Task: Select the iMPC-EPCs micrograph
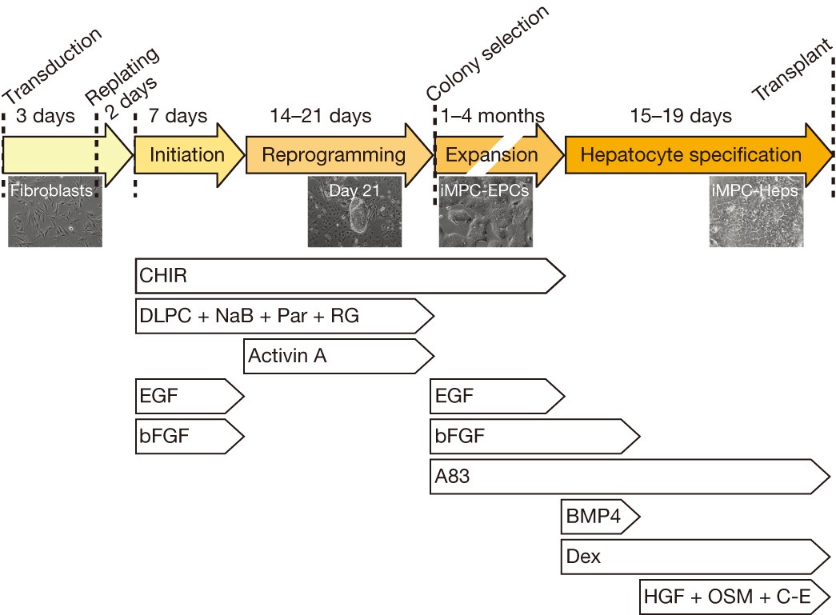(x=485, y=214)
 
